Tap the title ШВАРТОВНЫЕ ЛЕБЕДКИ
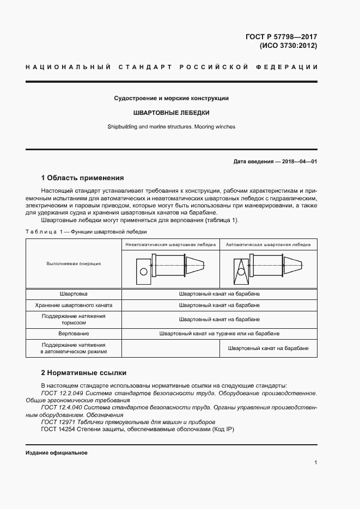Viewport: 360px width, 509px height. (x=171, y=113)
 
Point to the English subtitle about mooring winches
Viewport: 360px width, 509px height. (x=171, y=127)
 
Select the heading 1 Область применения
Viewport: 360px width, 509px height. (x=82, y=178)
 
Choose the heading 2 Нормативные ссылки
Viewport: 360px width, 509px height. (x=84, y=373)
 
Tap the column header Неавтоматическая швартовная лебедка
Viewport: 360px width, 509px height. (x=170, y=244)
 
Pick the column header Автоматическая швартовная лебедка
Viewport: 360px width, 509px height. (x=268, y=244)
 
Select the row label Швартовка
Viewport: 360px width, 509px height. (x=74, y=293)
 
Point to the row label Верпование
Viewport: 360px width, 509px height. (x=74, y=333)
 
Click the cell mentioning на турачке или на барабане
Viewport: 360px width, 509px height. (x=219, y=333)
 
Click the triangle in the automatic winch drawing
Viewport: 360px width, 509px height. (x=240, y=269)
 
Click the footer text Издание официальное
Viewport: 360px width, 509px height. (x=57, y=453)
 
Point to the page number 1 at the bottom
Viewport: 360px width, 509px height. (x=315, y=462)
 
